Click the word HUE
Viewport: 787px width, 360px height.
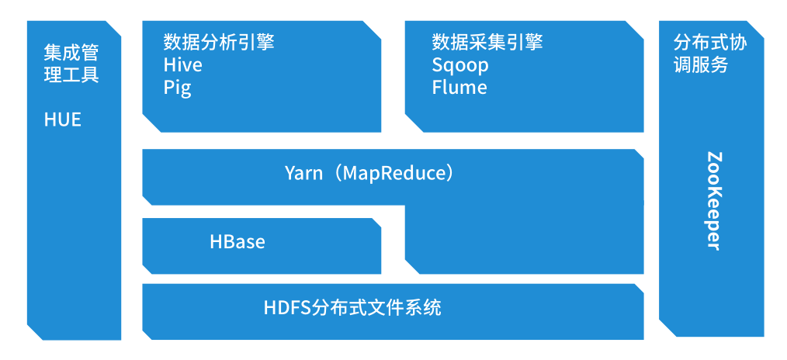[62, 120]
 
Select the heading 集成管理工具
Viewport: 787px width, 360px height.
[71, 64]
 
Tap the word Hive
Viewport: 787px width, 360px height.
[182, 65]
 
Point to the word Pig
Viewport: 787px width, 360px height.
[177, 88]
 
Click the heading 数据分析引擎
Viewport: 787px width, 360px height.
[218, 42]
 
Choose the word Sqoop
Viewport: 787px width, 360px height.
[459, 65]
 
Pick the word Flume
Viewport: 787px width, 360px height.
[459, 88]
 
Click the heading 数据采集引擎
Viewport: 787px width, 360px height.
[487, 42]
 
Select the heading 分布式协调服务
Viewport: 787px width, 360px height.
[709, 54]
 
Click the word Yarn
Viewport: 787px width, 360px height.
[303, 172]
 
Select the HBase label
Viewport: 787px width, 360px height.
[237, 242]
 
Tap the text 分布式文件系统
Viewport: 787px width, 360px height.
[376, 308]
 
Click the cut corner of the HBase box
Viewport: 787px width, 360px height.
[376, 223]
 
